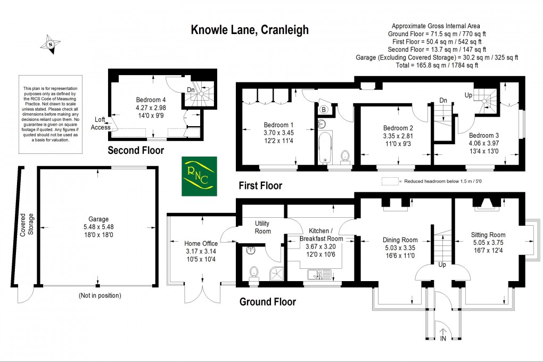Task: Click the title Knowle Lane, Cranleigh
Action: pyautogui.click(x=250, y=30)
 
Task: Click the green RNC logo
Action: pyautogui.click(x=199, y=176)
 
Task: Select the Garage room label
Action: pyautogui.click(x=98, y=219)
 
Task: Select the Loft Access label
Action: pyautogui.click(x=101, y=124)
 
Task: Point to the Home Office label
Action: pyautogui.click(x=186, y=243)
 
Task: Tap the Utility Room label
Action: pyautogui.click(x=262, y=227)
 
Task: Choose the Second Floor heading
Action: pyautogui.click(x=136, y=151)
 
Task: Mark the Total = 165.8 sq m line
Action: pyautogui.click(x=436, y=65)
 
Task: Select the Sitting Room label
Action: pyautogui.click(x=488, y=235)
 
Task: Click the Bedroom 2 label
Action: pyautogui.click(x=398, y=128)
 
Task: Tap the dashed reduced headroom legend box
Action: pyautogui.click(x=390, y=181)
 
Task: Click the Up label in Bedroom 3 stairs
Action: pyautogui.click(x=468, y=95)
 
